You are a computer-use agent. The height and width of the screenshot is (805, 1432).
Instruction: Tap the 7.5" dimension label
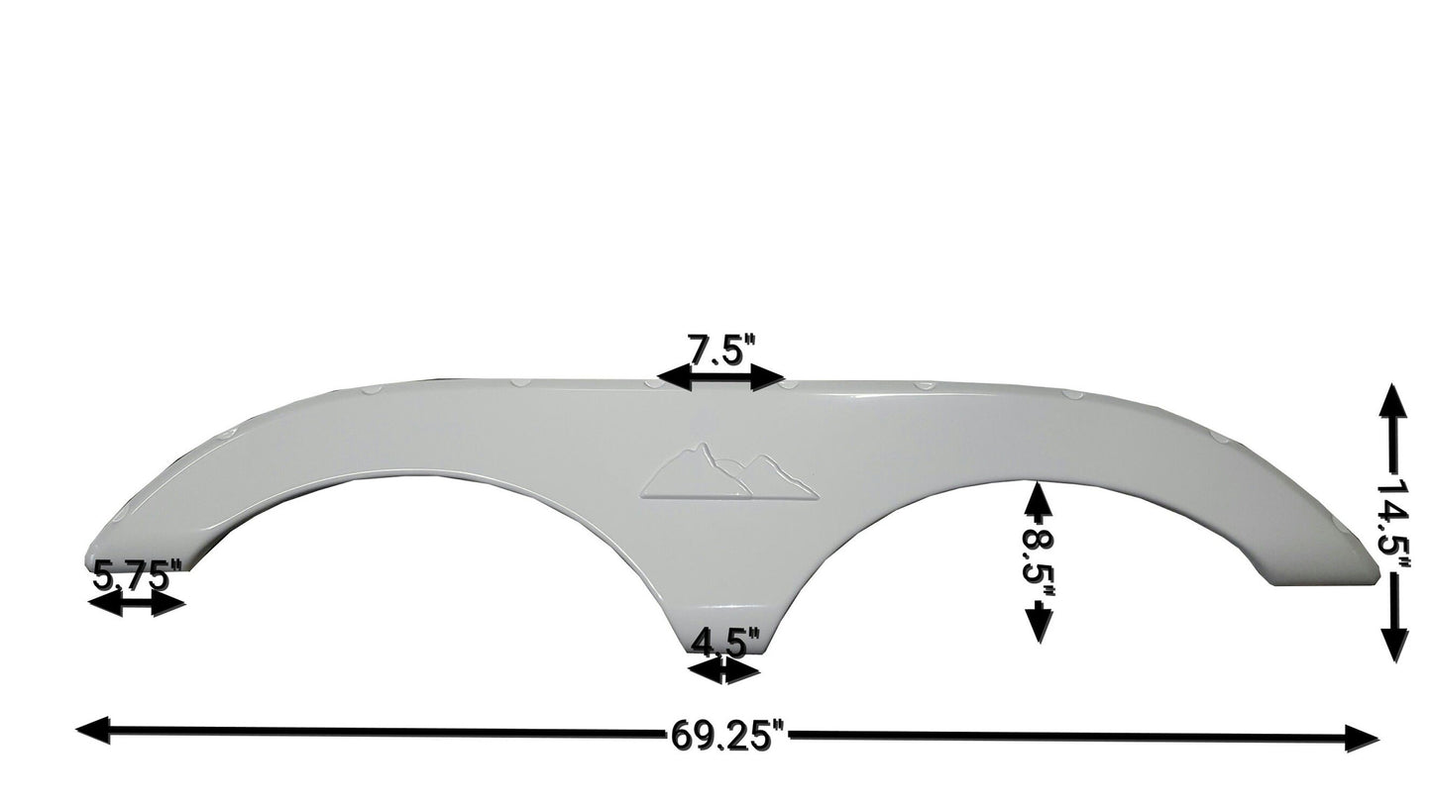(721, 352)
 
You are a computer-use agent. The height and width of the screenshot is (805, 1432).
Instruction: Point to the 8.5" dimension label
(1038, 558)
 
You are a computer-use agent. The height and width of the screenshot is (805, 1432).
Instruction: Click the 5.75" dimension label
(137, 575)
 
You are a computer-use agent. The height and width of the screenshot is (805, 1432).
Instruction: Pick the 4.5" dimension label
(724, 642)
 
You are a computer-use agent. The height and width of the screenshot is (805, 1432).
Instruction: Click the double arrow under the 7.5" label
(721, 377)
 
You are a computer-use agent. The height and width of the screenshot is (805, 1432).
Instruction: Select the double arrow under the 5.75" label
(136, 603)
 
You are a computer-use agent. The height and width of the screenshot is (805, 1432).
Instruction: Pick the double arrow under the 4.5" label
(724, 670)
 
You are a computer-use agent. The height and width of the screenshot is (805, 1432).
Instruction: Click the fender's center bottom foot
(724, 634)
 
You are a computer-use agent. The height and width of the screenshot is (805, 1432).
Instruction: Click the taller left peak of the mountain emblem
(703, 451)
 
